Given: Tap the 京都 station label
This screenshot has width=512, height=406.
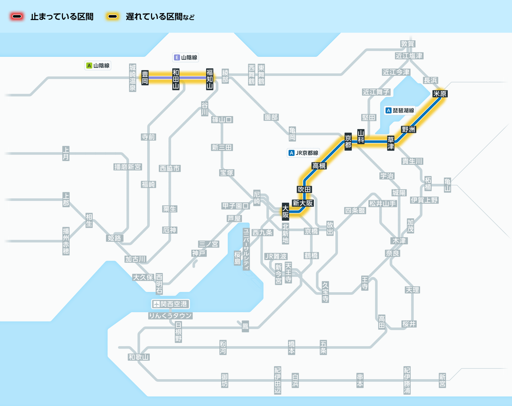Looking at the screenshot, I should (348, 142).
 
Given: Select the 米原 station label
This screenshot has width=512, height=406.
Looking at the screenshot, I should (440, 94).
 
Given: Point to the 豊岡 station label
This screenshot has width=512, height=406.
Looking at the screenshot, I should (145, 78).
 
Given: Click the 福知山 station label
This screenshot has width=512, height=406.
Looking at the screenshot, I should (210, 79).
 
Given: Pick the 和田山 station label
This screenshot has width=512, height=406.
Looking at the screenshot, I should (176, 79).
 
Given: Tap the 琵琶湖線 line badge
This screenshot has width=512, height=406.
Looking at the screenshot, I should (400, 110).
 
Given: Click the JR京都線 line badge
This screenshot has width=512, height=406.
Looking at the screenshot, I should (303, 153).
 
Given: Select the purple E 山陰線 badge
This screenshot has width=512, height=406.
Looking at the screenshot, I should (186, 58).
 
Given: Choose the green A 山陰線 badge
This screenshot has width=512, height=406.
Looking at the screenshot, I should (98, 66).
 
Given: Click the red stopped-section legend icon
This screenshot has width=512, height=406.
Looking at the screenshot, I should (17, 17).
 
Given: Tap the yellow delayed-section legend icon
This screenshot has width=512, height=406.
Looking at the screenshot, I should (113, 17).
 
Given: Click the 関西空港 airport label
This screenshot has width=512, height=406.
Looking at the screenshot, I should (170, 304).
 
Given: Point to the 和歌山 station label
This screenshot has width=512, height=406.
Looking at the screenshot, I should (138, 357).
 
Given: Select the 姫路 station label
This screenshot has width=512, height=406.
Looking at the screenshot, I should (114, 238).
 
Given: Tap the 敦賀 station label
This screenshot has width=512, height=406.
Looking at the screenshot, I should (408, 44).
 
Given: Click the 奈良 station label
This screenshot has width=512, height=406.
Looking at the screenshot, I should (392, 253).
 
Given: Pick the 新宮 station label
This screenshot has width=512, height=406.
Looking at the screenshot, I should (442, 380).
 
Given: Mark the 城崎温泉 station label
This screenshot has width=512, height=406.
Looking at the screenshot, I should (132, 78).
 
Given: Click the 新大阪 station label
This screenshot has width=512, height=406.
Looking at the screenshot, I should (303, 203).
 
